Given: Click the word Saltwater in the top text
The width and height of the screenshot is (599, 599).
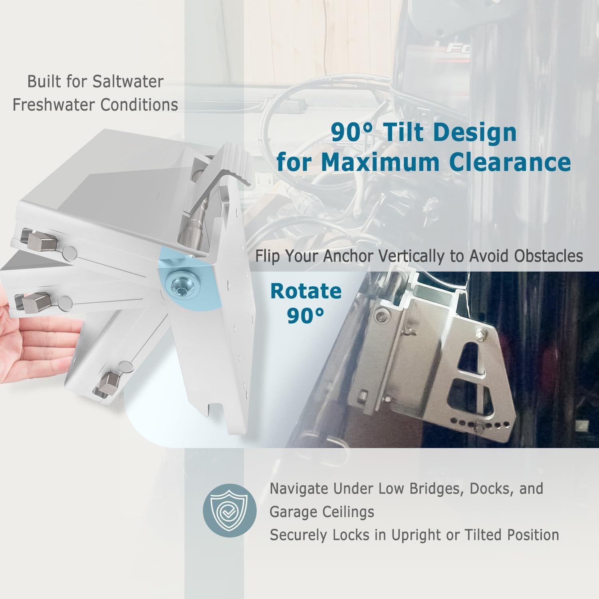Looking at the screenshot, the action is point(128,81).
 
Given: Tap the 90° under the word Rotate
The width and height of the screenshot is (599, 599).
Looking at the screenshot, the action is point(305,316).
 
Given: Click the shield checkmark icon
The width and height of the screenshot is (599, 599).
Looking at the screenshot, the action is point(230,510).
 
